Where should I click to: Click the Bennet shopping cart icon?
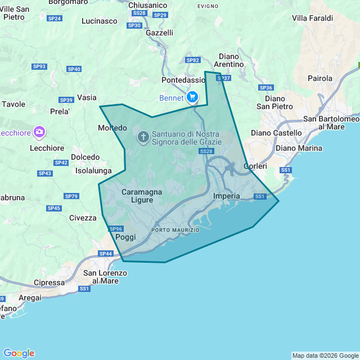(x=192, y=97)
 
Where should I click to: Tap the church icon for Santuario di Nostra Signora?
(x=143, y=137)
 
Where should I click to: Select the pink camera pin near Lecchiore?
(x=39, y=132)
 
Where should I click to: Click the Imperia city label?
(x=227, y=196)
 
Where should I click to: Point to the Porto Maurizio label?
(x=175, y=231)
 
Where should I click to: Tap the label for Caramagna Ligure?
(x=142, y=196)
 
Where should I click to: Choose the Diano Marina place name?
(x=298, y=148)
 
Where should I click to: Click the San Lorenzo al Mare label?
(x=105, y=277)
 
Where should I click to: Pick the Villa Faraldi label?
(x=312, y=18)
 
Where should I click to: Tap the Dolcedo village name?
(x=85, y=157)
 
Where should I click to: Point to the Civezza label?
(x=83, y=218)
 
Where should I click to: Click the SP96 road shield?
(x=116, y=229)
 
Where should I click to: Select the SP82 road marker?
(x=193, y=60)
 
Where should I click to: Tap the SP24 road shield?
(x=55, y=19)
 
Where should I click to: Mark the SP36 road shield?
(x=265, y=88)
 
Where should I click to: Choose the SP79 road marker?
(x=71, y=196)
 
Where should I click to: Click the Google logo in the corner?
(x=19, y=353)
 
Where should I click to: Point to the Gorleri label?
(x=255, y=166)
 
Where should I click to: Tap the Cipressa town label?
(x=49, y=282)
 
